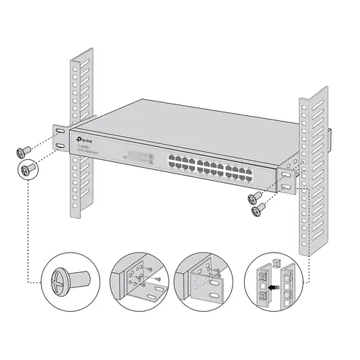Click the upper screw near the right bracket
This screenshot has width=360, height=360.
pyautogui.click(x=253, y=197)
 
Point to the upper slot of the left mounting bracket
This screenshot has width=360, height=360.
pyautogui.click(x=58, y=134)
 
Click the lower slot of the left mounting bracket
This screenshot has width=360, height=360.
pyautogui.click(x=59, y=147)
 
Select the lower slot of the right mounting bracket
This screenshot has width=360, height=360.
pyautogui.click(x=287, y=186)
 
